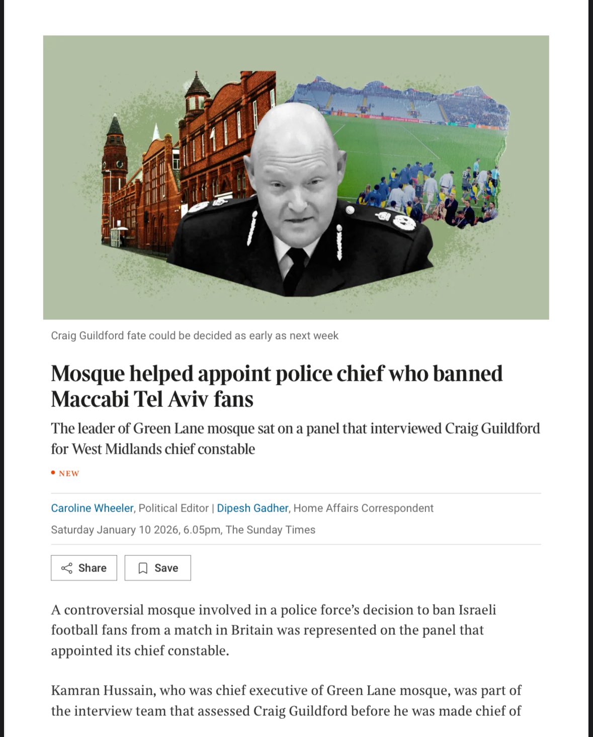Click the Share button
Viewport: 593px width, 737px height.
coord(84,568)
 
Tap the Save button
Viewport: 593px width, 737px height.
coord(158,568)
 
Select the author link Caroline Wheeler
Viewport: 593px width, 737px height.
coord(92,508)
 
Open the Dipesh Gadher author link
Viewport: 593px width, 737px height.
coord(252,508)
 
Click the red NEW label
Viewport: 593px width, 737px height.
coord(68,473)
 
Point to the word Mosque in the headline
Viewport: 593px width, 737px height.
coord(88,374)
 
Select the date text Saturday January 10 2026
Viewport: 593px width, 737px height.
coord(115,530)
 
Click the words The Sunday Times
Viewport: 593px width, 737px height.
coord(271,530)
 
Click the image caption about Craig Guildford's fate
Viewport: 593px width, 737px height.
coord(195,336)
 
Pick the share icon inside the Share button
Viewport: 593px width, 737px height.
coord(66,568)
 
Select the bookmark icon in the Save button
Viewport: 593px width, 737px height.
coord(143,568)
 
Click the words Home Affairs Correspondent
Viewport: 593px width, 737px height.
coord(363,508)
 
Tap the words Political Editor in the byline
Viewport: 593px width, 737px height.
coord(174,508)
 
